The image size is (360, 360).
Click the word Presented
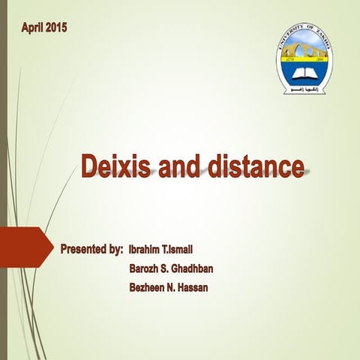point(82,247)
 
